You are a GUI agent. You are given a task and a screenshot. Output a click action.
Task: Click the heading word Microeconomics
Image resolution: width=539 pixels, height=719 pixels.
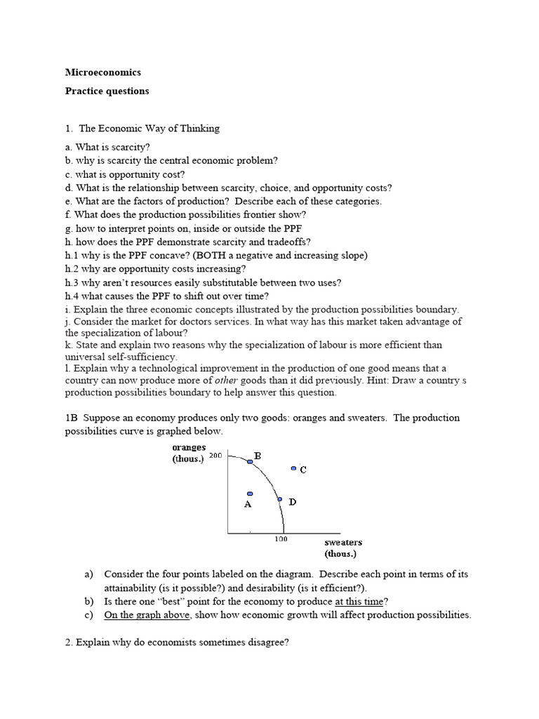[103, 72]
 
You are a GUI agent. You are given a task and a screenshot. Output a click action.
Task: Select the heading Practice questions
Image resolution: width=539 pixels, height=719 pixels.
[107, 91]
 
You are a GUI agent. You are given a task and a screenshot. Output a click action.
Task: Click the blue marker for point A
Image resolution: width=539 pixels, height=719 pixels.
[249, 494]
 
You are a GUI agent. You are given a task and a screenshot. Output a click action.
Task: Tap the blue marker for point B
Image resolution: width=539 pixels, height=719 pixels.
[250, 461]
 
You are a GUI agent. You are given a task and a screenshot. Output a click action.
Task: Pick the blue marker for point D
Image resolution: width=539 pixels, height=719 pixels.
[280, 500]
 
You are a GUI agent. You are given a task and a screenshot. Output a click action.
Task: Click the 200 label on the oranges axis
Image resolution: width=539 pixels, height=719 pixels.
[215, 456]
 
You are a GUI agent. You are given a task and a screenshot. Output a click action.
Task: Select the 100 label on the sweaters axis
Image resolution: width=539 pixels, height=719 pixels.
[281, 539]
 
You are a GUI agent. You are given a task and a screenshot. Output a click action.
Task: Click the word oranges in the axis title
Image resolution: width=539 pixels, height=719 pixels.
[189, 447]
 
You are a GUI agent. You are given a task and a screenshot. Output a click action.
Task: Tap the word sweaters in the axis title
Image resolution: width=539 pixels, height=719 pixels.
[343, 543]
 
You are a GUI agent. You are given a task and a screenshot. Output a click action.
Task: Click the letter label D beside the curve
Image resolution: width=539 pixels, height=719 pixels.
[292, 502]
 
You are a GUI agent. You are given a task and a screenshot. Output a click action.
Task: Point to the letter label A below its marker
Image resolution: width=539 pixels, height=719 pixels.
[248, 504]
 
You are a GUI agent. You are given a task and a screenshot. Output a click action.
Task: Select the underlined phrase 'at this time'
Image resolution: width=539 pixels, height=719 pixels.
[360, 601]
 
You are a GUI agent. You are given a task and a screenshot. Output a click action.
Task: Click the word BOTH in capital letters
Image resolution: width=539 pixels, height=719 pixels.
[201, 256]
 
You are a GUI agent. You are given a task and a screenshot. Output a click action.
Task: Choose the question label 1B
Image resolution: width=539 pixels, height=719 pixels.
[72, 418]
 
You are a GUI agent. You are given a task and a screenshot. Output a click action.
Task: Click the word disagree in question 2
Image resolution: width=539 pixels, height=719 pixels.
[267, 643]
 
